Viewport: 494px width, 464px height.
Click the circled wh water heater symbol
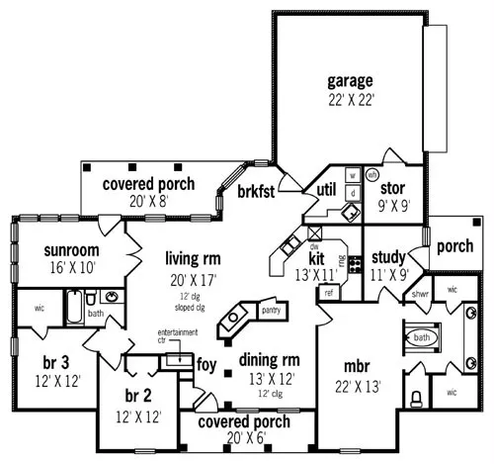(372, 175)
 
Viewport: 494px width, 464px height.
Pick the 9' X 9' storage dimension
(393, 208)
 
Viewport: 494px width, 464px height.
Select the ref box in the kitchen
(329, 292)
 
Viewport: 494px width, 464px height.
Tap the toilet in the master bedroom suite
(417, 398)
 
